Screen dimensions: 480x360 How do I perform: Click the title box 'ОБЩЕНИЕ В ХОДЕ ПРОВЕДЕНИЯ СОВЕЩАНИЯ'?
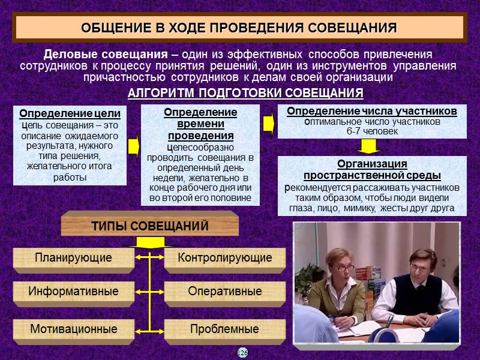(239, 28)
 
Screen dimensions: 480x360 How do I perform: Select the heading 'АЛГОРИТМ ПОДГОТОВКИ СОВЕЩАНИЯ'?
(246, 94)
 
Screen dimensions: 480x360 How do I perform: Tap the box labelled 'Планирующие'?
(73, 258)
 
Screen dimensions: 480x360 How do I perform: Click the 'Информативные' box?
(73, 292)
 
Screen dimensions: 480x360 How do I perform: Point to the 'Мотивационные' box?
(73, 329)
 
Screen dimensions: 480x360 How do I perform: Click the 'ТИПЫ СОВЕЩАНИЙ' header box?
(150, 226)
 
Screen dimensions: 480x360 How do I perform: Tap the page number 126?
(242, 352)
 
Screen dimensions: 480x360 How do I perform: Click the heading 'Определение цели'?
(70, 114)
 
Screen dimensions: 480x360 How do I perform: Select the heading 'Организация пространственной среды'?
(372, 170)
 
